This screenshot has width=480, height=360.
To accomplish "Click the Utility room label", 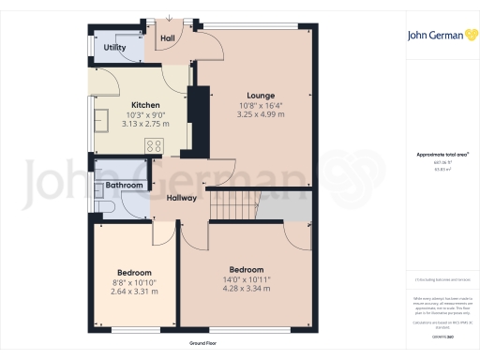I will pyautogui.click(x=114, y=47).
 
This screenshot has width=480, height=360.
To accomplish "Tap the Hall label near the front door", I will pyautogui.click(x=168, y=38).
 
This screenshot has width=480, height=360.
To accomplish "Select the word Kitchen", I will pyautogui.click(x=145, y=105).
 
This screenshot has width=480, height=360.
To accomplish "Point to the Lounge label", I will pyautogui.click(x=260, y=96).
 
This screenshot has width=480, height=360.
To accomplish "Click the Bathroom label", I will pyautogui.click(x=123, y=186).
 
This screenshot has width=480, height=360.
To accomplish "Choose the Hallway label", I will pyautogui.click(x=181, y=199).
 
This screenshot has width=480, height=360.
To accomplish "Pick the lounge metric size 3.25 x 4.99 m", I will pyautogui.click(x=260, y=115).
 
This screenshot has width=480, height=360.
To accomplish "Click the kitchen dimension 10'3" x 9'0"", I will pyautogui.click(x=145, y=114).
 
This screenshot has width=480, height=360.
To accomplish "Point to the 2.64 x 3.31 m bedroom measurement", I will pyautogui.click(x=133, y=292).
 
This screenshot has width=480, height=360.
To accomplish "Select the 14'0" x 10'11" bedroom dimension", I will pyautogui.click(x=246, y=280).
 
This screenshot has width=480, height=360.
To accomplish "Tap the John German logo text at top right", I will pyautogui.click(x=435, y=37).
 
